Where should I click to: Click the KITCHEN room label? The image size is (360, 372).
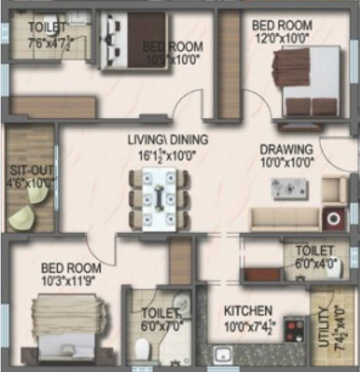coord(248,310)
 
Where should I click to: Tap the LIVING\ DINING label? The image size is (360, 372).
coord(168,139)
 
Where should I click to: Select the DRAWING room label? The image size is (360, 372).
coord(286,149)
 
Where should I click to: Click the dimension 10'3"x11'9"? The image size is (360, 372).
coord(71,280)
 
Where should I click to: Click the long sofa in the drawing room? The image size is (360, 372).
coord(285,219)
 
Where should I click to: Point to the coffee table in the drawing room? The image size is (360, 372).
coord(289,188)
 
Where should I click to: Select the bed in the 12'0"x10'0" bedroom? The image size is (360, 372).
coord(306,80)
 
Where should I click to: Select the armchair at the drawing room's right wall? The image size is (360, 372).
coord(334,189)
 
